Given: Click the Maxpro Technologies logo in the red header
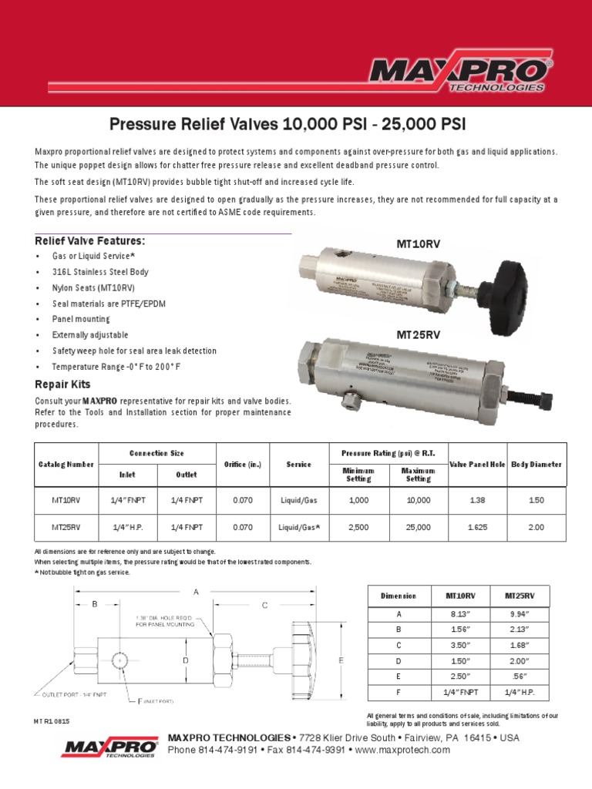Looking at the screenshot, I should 459,74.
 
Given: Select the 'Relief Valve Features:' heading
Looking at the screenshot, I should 90,242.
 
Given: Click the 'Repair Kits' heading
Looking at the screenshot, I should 62,384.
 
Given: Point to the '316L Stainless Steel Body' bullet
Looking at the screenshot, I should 100,272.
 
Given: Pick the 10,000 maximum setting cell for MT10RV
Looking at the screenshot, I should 419,500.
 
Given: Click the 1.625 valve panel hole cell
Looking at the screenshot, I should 476,528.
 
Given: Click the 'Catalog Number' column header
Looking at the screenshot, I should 66,465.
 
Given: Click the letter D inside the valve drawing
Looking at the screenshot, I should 185,660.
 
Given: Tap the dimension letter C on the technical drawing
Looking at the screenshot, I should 264,606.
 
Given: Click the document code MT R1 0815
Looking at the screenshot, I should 55,722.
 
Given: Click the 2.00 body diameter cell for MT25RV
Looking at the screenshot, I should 535,528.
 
